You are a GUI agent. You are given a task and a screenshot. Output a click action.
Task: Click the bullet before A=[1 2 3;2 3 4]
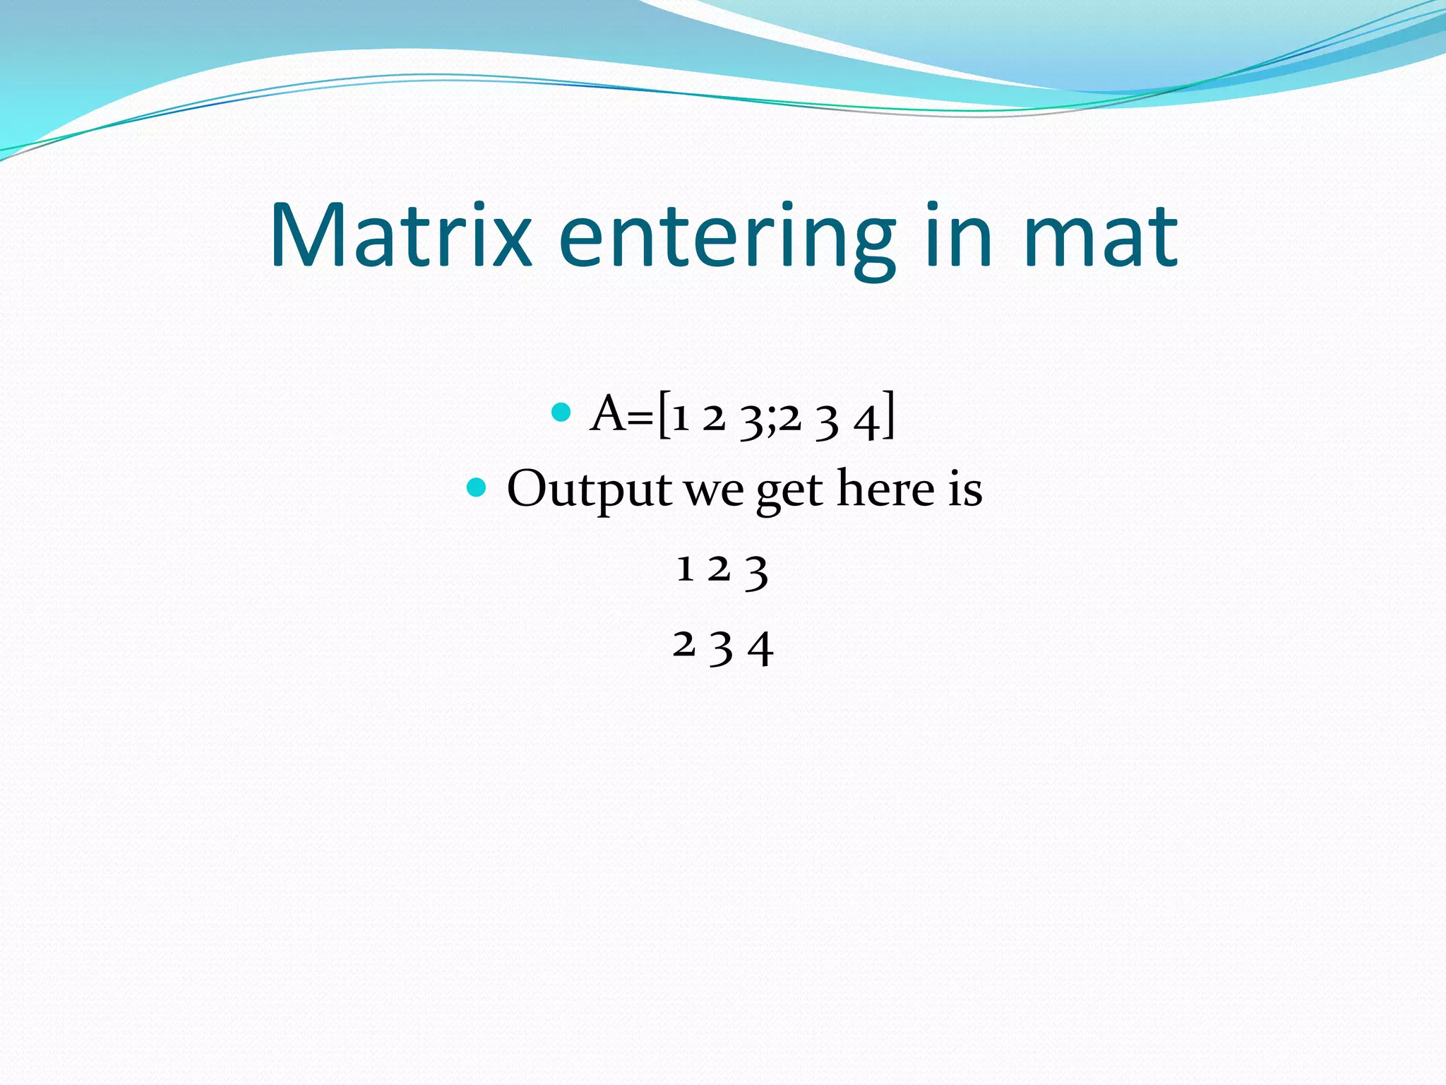pyautogui.click(x=561, y=412)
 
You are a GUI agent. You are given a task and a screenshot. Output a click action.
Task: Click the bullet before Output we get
pyautogui.click(x=477, y=487)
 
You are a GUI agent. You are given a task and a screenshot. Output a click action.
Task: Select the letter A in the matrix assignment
pyautogui.click(x=608, y=414)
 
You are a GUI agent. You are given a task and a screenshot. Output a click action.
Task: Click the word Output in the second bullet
pyautogui.click(x=589, y=489)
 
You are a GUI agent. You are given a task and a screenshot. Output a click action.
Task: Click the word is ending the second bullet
pyautogui.click(x=964, y=489)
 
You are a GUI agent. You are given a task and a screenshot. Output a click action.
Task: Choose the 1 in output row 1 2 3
pyautogui.click(x=683, y=569)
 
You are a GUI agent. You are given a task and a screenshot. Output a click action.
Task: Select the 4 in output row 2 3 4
pyautogui.click(x=760, y=648)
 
